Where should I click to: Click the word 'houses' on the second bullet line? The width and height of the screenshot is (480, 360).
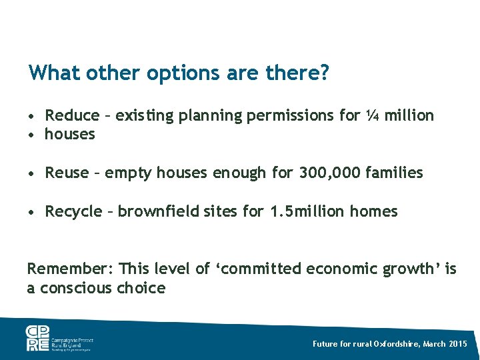pyautogui.click(x=70, y=134)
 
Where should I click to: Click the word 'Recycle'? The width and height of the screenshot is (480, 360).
pyautogui.click(x=72, y=212)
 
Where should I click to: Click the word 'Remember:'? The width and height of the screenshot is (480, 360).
pyautogui.click(x=69, y=269)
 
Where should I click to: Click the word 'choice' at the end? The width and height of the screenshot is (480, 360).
pyautogui.click(x=141, y=288)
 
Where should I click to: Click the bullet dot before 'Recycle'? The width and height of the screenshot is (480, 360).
pyautogui.click(x=32, y=213)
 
